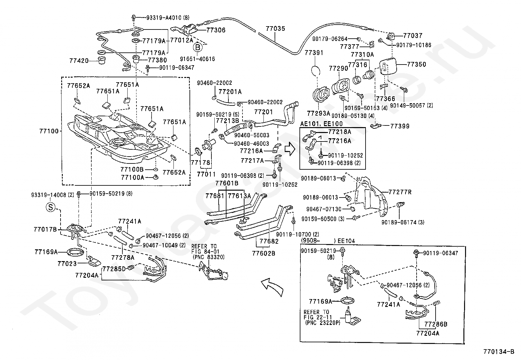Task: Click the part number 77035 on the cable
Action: (x=275, y=28)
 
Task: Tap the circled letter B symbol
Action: (x=197, y=47)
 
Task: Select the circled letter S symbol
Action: (x=51, y=207)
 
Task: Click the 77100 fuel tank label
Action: (x=49, y=131)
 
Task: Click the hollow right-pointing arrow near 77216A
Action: (x=290, y=149)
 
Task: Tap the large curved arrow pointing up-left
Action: (x=272, y=287)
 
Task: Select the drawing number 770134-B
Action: (x=499, y=351)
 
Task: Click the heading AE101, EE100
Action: (x=321, y=123)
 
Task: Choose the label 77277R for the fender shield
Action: (x=400, y=192)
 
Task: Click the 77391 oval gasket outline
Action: (x=315, y=70)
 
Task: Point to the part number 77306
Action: (x=216, y=30)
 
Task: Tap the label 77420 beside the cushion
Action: (x=79, y=61)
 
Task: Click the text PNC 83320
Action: (x=209, y=257)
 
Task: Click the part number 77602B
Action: (x=263, y=253)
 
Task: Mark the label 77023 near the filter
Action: (x=67, y=264)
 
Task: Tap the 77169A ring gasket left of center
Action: (x=74, y=252)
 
